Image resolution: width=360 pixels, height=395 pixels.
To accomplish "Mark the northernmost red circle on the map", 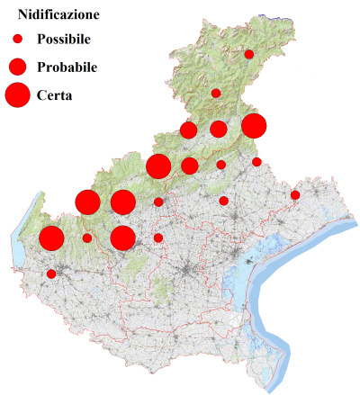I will pyautogui.click(x=249, y=55).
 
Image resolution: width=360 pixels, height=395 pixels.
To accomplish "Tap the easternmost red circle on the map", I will pyautogui.click(x=295, y=194).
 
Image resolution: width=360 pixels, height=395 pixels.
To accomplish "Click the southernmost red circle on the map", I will pyautogui.click(x=51, y=274).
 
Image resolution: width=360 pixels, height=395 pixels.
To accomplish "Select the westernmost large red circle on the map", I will pyautogui.click(x=51, y=238).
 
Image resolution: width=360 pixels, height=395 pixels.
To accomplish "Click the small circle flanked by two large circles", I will pyautogui.click(x=87, y=238).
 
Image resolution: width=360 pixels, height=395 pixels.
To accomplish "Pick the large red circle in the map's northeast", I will pyautogui.click(x=254, y=126).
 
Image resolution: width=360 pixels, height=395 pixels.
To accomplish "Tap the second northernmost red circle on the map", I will pyautogui.click(x=216, y=93).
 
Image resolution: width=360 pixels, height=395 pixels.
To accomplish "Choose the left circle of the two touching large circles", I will pyautogui.click(x=87, y=202).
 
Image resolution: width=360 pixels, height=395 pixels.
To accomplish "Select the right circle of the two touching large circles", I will pyautogui.click(x=122, y=202).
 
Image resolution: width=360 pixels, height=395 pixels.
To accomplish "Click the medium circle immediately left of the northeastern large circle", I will pyautogui.click(x=219, y=129).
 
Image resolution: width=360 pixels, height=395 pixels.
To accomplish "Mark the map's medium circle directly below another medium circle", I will pyautogui.click(x=189, y=166).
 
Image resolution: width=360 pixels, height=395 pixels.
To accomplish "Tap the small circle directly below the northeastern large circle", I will pyautogui.click(x=256, y=162).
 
